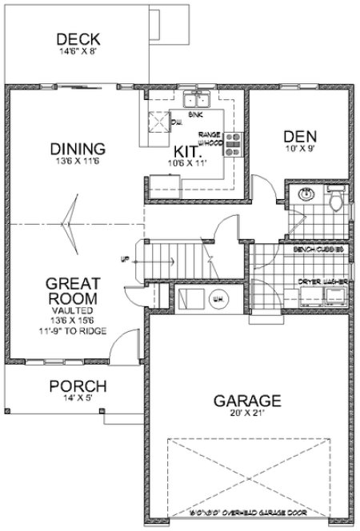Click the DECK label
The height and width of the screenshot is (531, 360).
[78, 40]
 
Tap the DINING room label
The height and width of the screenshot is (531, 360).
[78, 150]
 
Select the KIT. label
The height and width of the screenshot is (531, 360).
[188, 150]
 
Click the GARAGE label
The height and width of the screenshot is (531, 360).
[246, 400]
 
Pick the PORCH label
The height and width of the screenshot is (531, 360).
[78, 387]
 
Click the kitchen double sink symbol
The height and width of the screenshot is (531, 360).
[195, 101]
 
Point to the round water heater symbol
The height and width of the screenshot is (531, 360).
[216, 299]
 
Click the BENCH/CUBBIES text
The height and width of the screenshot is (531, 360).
[318, 250]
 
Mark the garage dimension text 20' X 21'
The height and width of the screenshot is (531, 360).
[246, 414]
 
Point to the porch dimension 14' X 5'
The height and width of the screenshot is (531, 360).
[78, 400]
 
